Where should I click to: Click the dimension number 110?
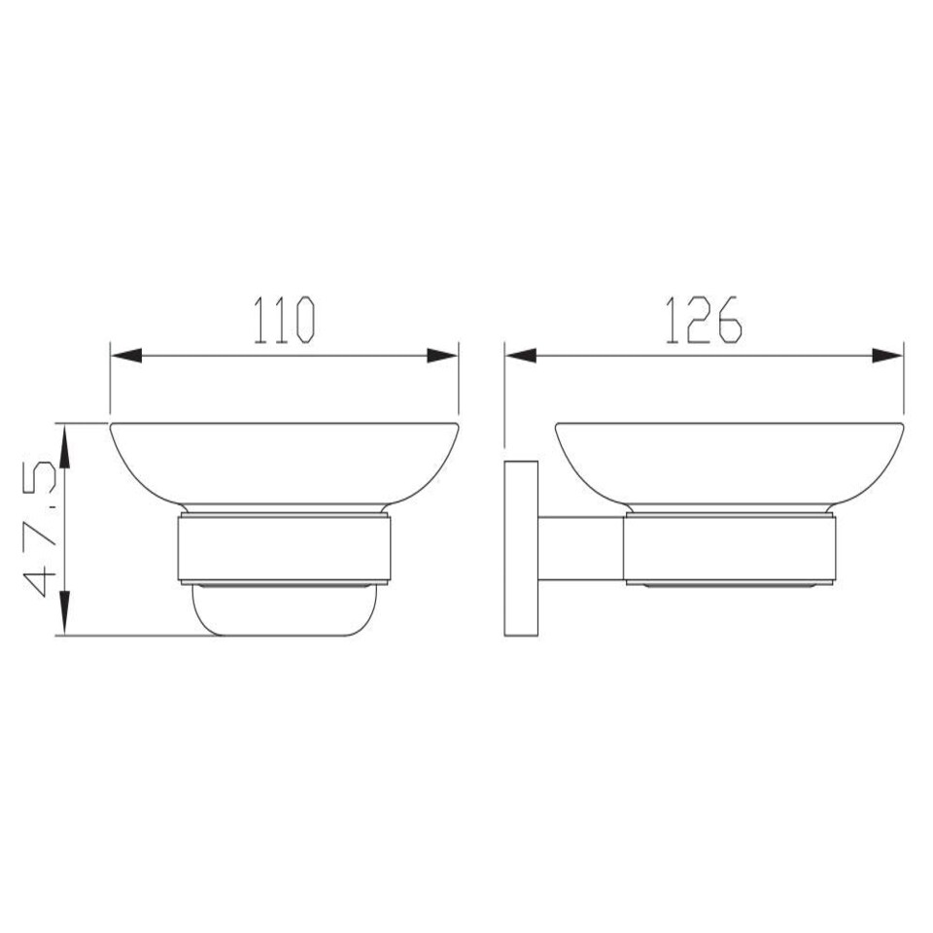pos(284,320)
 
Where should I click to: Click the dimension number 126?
pos(704,320)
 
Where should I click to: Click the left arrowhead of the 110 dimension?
pos(126,357)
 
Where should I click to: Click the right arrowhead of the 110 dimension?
pos(443,357)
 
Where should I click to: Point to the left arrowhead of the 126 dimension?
pos(521,357)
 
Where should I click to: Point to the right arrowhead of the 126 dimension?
pos(887,357)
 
